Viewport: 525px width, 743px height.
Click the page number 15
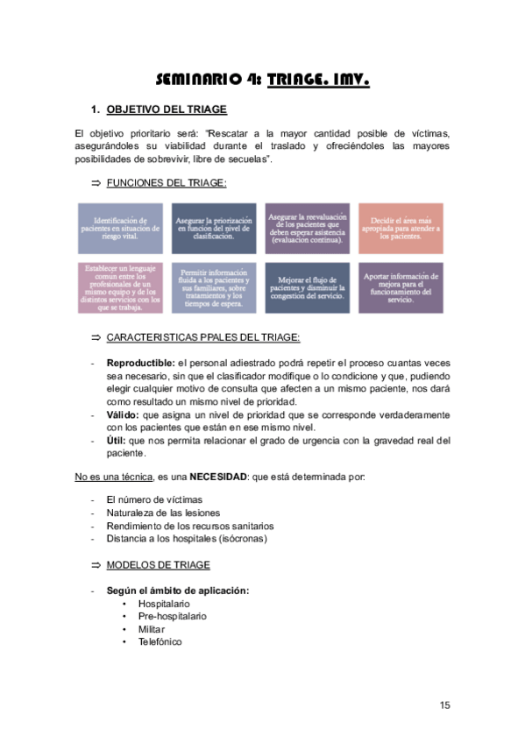coord(444,706)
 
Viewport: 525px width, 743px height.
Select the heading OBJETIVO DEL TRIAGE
coord(166,110)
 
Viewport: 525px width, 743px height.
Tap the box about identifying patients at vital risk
coord(119,229)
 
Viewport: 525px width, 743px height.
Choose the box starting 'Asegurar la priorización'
coord(213,229)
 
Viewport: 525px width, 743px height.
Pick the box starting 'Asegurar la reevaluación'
coord(307,229)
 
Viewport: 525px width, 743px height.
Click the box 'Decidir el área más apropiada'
coord(400,229)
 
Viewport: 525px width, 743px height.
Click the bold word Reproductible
coord(140,362)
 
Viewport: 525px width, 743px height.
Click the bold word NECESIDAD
coord(221,477)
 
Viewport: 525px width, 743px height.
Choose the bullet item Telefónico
coord(160,641)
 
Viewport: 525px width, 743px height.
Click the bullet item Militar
coord(152,629)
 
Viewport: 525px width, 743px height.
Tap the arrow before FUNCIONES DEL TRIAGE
coord(96,182)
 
